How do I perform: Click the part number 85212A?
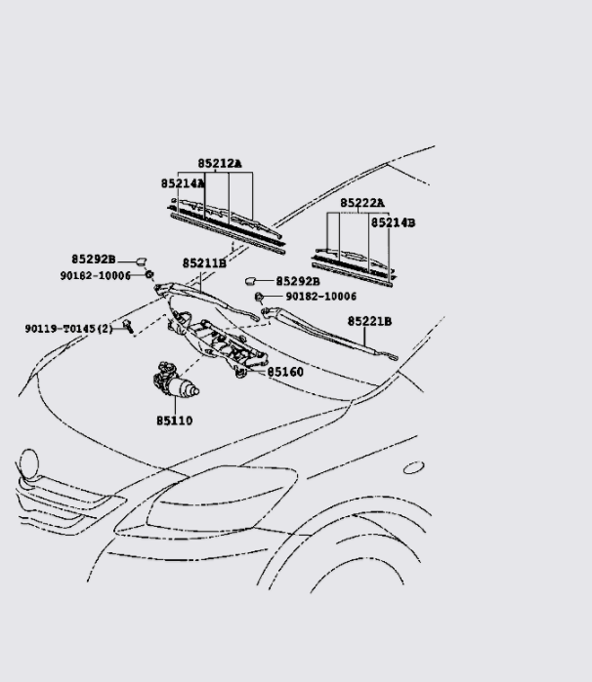(220, 164)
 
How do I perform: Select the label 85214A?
(183, 183)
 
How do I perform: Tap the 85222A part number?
(362, 203)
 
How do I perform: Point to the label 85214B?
(393, 223)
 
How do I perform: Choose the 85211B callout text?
(204, 263)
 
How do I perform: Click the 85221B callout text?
(369, 321)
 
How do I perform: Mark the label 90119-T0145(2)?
(69, 329)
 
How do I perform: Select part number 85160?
(285, 372)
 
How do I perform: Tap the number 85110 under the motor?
(174, 421)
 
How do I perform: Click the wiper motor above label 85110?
(174, 382)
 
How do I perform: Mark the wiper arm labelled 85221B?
(327, 332)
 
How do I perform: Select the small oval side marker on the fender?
(412, 468)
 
